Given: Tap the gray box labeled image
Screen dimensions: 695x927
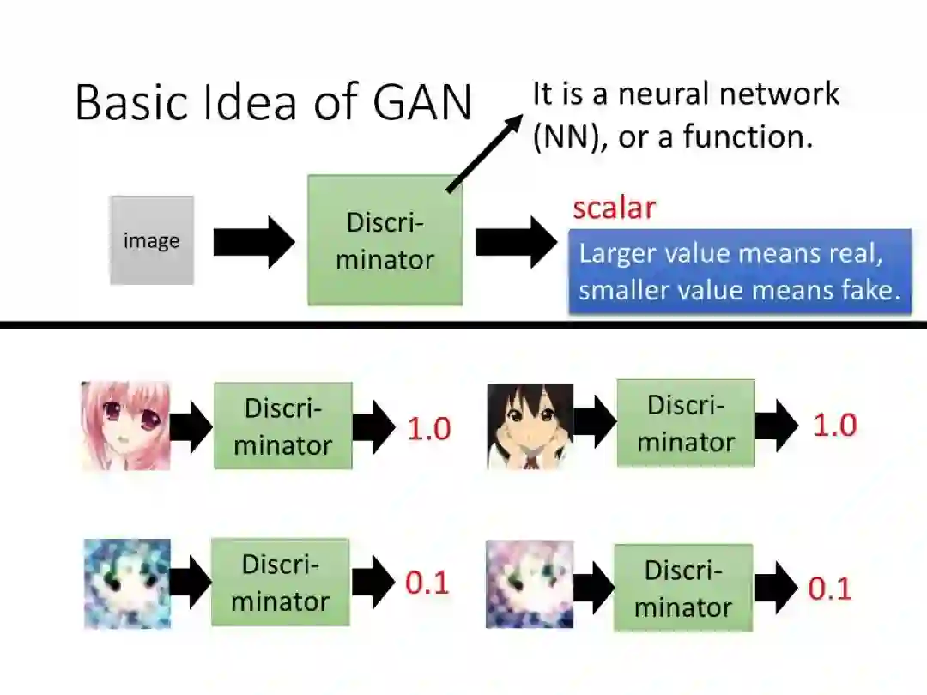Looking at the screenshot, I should point(152,240).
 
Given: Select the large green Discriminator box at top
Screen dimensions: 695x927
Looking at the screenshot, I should point(385,240).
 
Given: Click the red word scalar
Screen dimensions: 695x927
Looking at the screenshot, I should point(614,208).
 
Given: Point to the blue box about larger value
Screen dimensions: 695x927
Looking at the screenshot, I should point(739,271).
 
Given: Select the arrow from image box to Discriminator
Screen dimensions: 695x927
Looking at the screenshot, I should point(253,242).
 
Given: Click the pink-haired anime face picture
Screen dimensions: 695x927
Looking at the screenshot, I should point(125,426).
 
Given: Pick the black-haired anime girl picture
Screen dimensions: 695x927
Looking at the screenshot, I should point(530,426).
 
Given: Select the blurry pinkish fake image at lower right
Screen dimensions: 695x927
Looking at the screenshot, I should point(529,583).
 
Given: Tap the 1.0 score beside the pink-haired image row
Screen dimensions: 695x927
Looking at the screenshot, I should point(428,429).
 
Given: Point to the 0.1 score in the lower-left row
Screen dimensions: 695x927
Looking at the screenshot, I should point(427,583).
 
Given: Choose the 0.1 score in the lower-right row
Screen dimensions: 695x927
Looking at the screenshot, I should point(830,589).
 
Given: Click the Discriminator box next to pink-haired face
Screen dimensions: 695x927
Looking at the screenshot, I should point(282,426).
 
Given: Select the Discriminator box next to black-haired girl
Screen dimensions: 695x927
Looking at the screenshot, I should point(686,423).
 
